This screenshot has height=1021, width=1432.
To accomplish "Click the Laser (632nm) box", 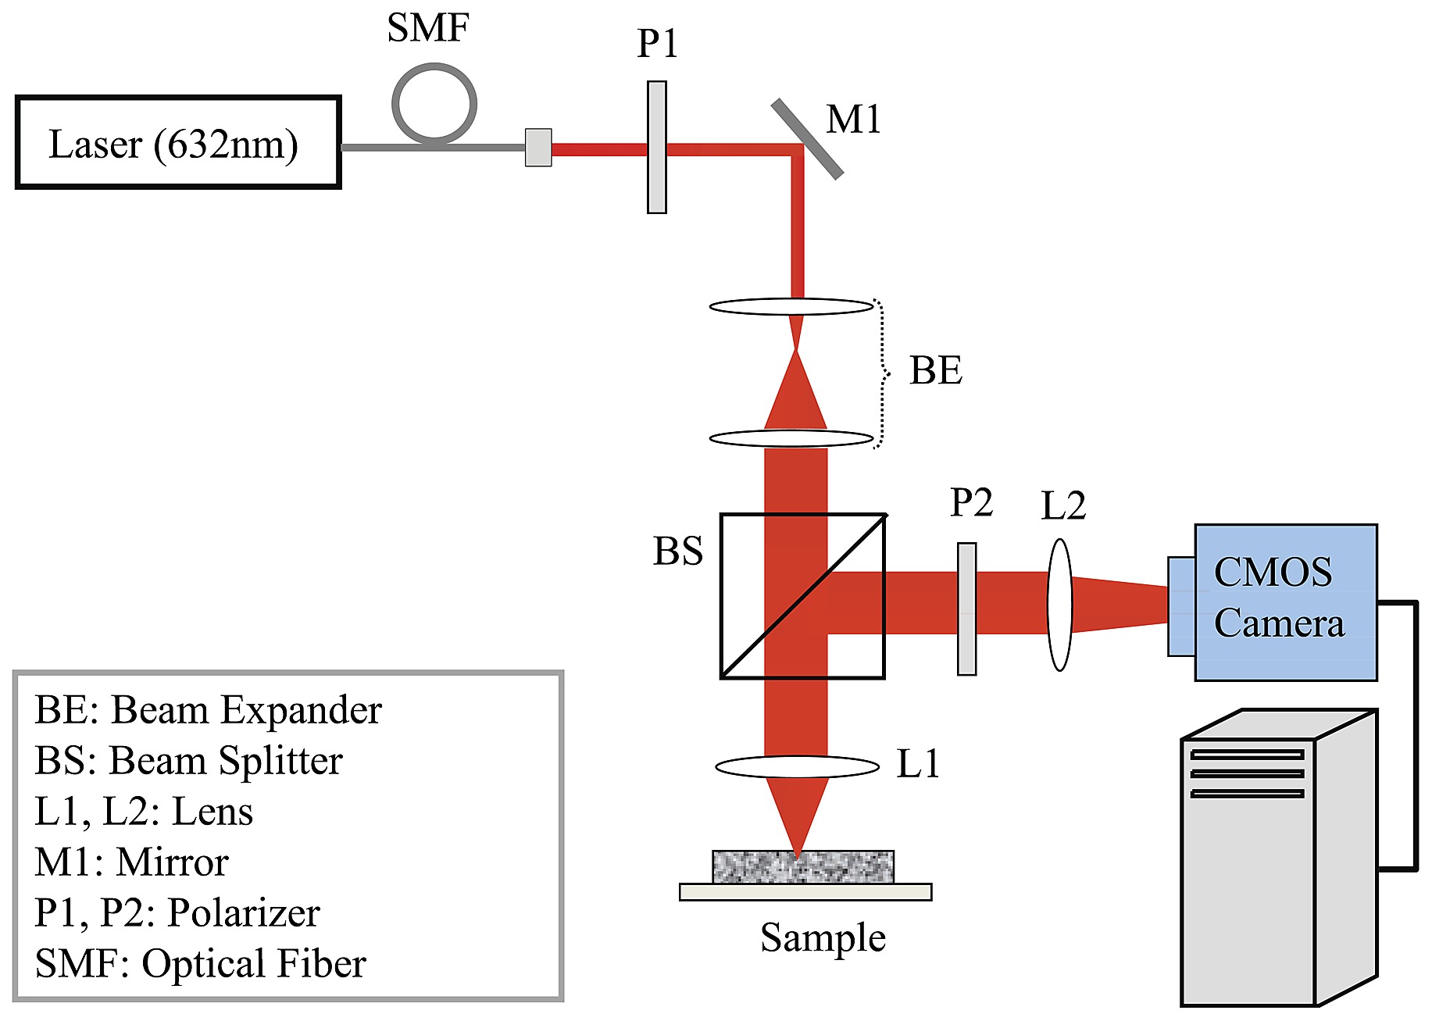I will click(178, 142).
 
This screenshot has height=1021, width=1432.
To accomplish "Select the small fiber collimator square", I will click(538, 148).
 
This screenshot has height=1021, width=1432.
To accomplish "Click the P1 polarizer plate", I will click(657, 147).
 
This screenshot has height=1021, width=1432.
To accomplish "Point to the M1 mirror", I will click(808, 138).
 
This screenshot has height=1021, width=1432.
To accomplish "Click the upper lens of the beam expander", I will click(791, 306).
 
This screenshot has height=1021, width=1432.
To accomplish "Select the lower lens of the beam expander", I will click(791, 438).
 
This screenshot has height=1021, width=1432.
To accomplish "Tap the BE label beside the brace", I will click(935, 370).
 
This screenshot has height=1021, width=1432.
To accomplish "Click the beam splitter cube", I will click(802, 596).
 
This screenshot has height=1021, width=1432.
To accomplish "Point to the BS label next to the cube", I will click(677, 551).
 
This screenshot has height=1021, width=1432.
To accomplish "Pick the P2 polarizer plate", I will click(966, 609).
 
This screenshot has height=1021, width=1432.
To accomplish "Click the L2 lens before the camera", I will click(1059, 605).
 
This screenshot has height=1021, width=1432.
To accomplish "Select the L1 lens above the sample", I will click(797, 766).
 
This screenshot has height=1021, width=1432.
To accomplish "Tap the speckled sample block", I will click(802, 866).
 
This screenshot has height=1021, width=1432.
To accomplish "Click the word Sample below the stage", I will click(823, 937).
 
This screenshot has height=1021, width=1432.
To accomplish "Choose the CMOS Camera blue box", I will click(1285, 602).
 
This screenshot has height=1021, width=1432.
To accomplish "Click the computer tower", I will click(1278, 859).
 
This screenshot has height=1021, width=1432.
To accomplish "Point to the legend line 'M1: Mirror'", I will click(131, 862).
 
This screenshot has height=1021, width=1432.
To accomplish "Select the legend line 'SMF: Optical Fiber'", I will click(200, 963).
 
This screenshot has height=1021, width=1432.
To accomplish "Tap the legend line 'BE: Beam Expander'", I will click(208, 710).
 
